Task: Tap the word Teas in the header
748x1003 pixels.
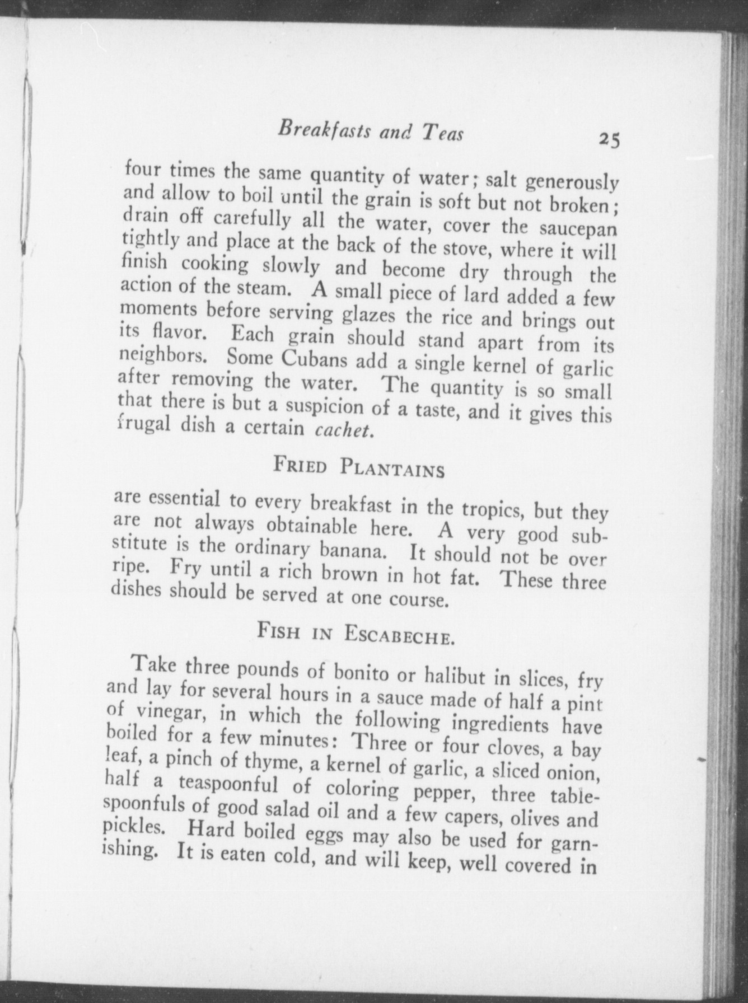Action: [x=442, y=134]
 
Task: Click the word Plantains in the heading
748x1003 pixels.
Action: [x=392, y=468]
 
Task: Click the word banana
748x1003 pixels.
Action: [x=352, y=549]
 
